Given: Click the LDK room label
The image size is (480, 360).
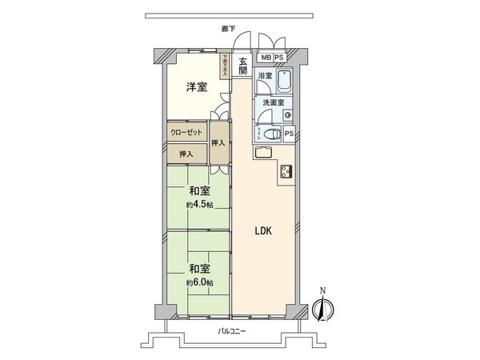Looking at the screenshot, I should (x=265, y=231).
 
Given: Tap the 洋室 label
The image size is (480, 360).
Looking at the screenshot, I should (x=198, y=87).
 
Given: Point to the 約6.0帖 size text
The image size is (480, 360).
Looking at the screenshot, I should (x=199, y=282).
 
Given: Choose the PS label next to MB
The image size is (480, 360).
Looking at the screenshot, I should (x=279, y=58).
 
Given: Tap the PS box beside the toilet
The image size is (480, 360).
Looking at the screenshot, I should (x=289, y=134).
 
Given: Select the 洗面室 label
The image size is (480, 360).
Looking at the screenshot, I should (x=274, y=103).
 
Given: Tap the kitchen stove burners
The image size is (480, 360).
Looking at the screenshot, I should (x=286, y=171).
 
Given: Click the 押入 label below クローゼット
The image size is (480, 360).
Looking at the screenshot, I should (x=186, y=153).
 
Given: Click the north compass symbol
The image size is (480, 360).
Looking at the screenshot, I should (x=325, y=307).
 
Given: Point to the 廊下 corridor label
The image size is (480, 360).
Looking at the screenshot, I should (x=228, y=30).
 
